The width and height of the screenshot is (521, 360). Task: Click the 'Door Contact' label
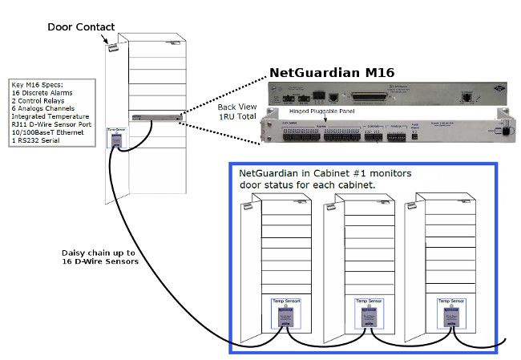[x=81, y=26]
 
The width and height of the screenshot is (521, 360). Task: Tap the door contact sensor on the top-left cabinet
[x=113, y=47]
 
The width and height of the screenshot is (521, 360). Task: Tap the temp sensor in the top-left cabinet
[x=116, y=138]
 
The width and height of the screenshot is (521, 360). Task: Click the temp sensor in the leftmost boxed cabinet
[x=282, y=313]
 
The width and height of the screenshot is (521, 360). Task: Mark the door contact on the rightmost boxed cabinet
[x=414, y=208]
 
